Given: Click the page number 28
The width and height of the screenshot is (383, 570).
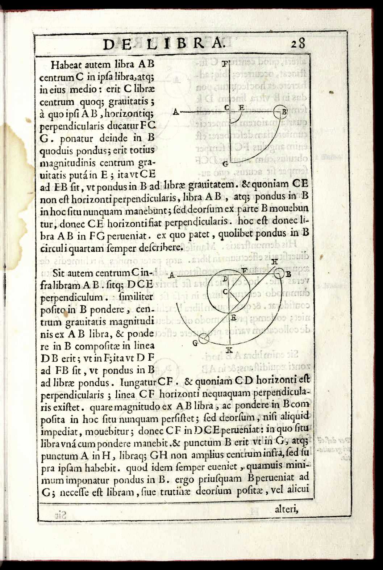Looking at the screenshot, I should [x=298, y=44].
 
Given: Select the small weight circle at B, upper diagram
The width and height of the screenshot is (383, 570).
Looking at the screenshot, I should [x=279, y=111].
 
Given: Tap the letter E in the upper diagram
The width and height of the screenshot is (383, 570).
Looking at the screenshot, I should [x=241, y=108].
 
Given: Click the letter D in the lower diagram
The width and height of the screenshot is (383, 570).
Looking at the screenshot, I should [x=225, y=278].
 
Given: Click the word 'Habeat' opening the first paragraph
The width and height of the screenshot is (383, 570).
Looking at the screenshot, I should [x=65, y=65].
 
